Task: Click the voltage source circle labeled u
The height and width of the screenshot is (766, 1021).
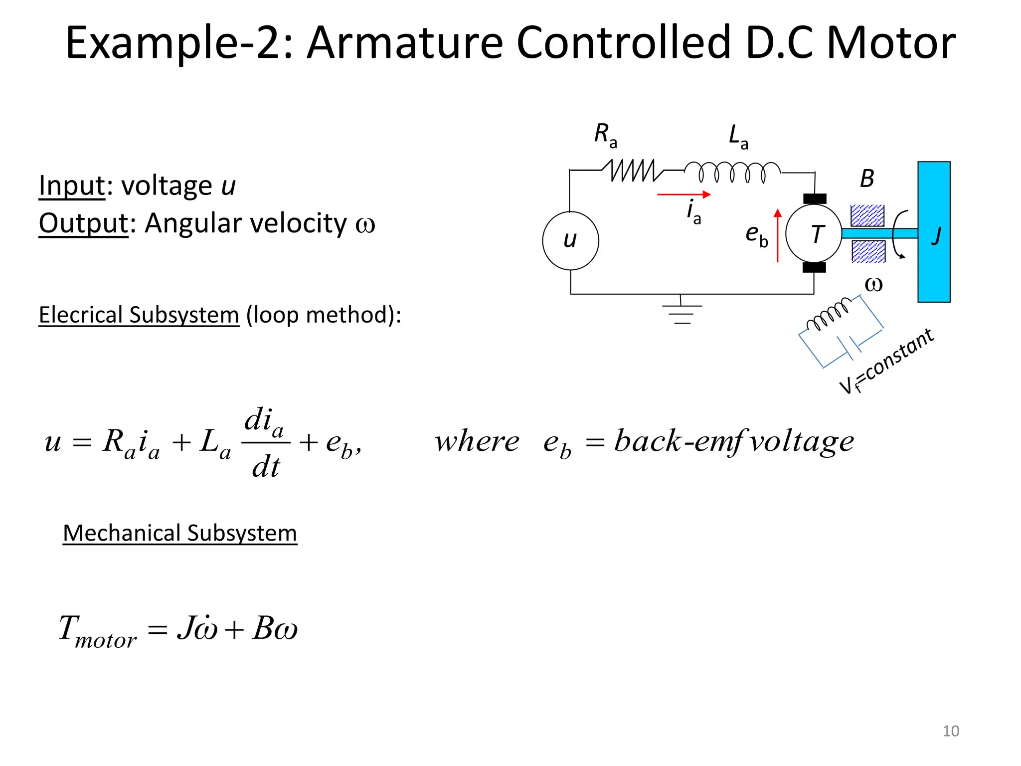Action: pos(570,240)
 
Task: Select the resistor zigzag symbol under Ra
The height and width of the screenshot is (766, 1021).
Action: pos(632,171)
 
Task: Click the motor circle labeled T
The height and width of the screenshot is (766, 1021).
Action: pos(814,233)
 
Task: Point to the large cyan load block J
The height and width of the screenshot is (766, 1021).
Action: pos(934,232)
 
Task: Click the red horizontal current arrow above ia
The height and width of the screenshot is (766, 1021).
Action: pos(683,194)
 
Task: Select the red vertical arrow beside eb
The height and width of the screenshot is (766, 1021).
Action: pos(777,235)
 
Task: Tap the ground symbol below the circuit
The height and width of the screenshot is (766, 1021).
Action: pos(681,312)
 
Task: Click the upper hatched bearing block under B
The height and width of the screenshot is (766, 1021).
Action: pos(867,215)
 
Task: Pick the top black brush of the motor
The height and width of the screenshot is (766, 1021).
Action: pos(815,199)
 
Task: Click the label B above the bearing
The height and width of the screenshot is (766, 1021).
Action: pos(867,179)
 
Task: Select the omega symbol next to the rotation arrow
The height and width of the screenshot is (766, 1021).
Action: pos(873,284)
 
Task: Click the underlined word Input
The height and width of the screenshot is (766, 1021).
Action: pos(72,186)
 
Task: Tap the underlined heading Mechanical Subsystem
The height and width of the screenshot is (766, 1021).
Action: pos(179,533)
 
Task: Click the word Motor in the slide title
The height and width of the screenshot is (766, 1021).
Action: pos(891,43)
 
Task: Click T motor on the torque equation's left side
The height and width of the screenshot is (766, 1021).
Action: pos(97,631)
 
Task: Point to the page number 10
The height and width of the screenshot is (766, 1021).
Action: pos(950,731)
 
